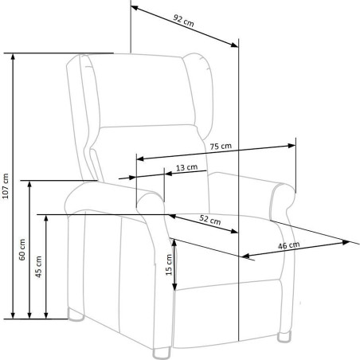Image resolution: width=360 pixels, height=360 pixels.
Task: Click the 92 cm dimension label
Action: point(183,21)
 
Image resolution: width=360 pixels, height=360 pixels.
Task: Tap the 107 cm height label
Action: point(6,186)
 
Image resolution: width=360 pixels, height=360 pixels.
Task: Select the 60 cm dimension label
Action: point(22,249)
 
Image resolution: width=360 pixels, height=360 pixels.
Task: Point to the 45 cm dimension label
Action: point(39,267)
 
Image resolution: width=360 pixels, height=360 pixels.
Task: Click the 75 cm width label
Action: point(221,147)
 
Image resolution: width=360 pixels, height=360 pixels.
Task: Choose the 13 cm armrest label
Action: point(186,167)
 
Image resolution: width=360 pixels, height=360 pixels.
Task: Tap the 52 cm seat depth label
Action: point(210,220)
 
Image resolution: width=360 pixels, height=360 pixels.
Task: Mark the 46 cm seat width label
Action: point(289,245)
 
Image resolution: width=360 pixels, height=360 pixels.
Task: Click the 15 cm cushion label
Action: point(169,264)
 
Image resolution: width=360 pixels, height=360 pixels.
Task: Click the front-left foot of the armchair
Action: point(162,354)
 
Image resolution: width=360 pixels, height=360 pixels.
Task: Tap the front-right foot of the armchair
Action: point(284,337)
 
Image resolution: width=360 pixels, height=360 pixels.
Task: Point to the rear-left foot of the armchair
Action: point(76,315)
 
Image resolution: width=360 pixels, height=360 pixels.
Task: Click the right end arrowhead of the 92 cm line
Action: point(234,45)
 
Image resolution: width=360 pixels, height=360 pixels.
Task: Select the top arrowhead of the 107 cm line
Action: point(13,57)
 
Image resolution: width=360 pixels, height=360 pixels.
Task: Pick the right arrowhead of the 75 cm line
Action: point(292,146)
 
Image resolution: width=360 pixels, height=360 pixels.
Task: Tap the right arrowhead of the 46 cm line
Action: point(346,242)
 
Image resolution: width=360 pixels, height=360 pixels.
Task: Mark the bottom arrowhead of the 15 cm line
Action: point(174,287)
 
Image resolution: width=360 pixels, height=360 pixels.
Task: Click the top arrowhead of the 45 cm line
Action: point(46,218)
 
